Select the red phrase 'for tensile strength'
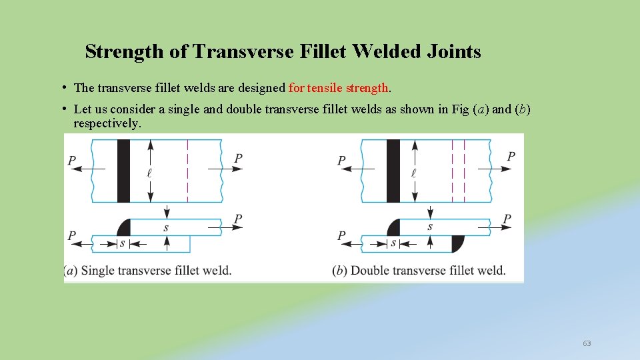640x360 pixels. tap(339, 87)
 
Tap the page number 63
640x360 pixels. tap(587, 343)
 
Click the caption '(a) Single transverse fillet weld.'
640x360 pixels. tap(148, 271)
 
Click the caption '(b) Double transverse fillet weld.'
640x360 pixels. tap(419, 271)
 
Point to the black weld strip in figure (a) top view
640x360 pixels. tap(123, 171)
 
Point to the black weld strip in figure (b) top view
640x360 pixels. tap(393, 171)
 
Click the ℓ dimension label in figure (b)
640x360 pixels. tap(414, 173)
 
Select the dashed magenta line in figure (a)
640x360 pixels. tap(188, 171)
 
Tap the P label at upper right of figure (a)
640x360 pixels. tap(238, 158)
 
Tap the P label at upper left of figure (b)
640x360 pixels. tap(341, 160)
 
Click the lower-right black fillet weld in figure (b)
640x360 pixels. tap(457, 243)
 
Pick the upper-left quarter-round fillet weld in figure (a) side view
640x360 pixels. tap(124, 227)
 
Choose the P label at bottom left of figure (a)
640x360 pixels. tap(72, 236)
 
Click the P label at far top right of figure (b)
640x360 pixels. tap(511, 156)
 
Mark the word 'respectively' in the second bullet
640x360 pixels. tap(107, 123)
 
